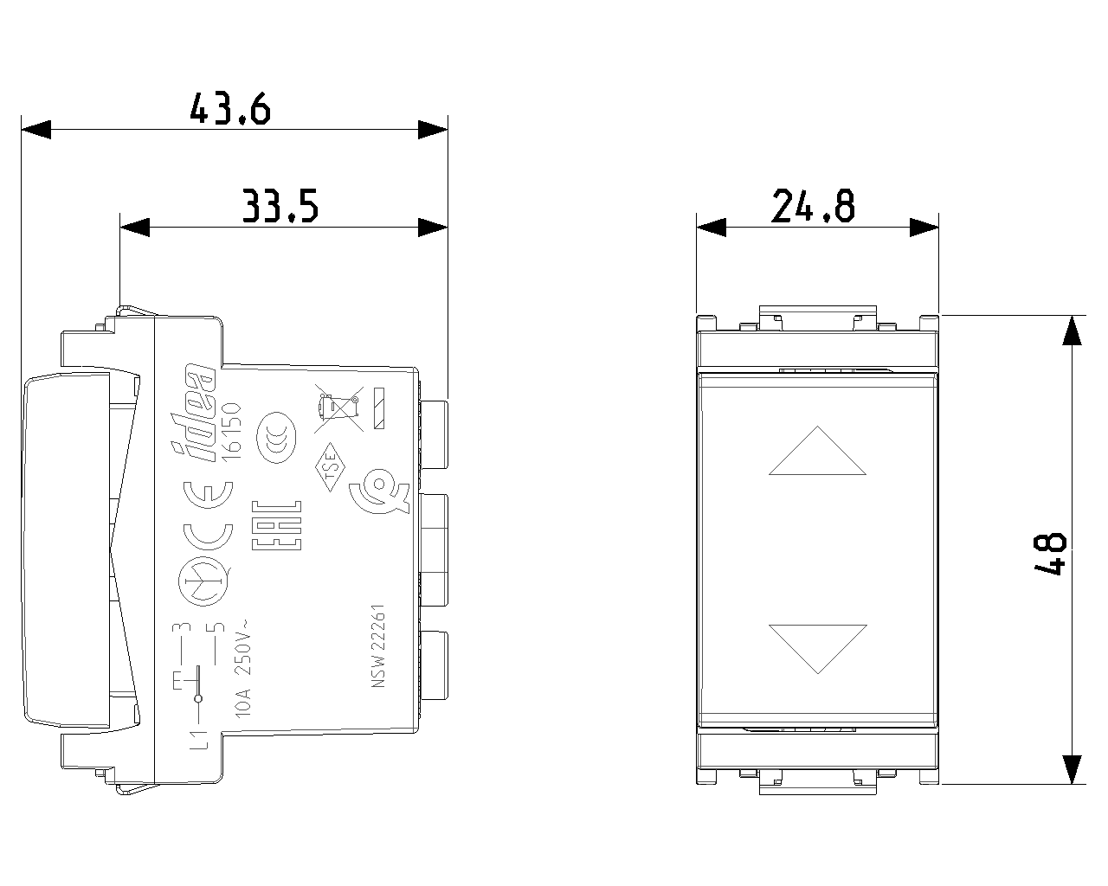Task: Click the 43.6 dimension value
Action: point(230,109)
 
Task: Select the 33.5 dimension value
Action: point(280,206)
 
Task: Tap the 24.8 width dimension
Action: point(813,206)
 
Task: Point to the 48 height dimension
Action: point(1050,554)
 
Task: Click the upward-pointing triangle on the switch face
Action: point(818,451)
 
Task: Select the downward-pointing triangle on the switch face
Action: point(818,649)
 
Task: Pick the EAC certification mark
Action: point(276,524)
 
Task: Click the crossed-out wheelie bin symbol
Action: point(338,410)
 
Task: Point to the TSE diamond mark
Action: point(330,467)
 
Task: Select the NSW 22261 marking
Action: point(378,645)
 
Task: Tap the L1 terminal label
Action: point(199,740)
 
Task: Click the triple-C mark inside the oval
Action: point(276,438)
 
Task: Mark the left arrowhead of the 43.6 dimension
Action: point(36,129)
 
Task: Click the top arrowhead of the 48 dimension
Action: point(1072,330)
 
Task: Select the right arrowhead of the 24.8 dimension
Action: point(924,227)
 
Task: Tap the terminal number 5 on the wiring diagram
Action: point(219,627)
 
